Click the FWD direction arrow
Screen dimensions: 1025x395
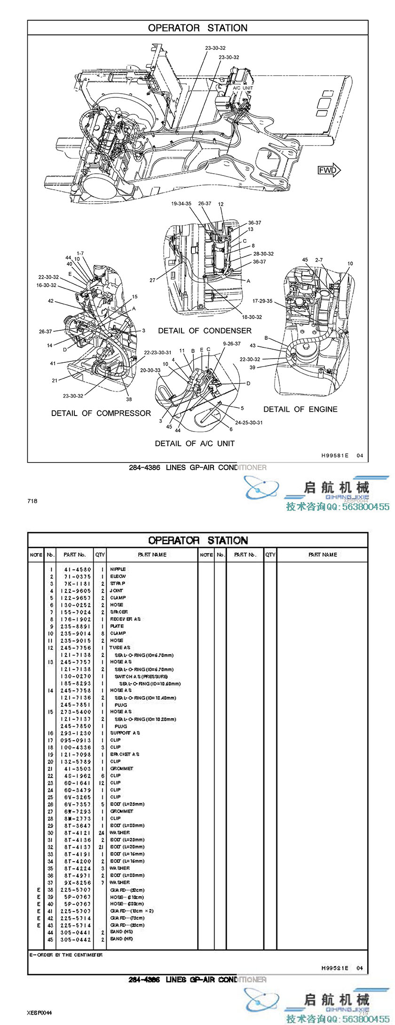(x=329, y=170)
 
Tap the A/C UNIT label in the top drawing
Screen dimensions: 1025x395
(x=243, y=88)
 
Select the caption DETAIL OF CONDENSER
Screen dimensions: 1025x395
(x=205, y=331)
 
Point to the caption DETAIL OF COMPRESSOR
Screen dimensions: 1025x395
(x=101, y=413)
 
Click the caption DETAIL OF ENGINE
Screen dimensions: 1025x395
(x=300, y=409)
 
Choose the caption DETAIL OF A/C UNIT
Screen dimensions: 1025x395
(x=195, y=443)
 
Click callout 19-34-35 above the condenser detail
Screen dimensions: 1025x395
(x=181, y=204)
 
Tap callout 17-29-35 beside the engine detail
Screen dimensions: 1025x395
(x=262, y=301)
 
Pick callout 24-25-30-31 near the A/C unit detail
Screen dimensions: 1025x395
(x=249, y=422)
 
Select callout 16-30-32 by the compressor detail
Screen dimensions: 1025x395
(x=46, y=285)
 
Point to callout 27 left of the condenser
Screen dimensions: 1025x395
(x=152, y=280)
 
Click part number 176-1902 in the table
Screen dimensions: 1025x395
(x=76, y=619)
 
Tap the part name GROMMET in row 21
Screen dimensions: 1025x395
(x=122, y=769)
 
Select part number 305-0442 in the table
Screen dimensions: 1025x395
(x=76, y=939)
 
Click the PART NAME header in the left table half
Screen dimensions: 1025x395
(x=152, y=555)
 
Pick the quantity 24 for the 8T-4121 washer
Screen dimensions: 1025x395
(x=101, y=833)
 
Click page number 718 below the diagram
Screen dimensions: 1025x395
(x=32, y=501)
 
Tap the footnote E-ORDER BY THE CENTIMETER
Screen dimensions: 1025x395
(x=66, y=955)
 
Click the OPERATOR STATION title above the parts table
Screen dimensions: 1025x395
(x=197, y=540)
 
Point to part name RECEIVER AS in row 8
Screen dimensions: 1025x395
(x=125, y=619)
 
